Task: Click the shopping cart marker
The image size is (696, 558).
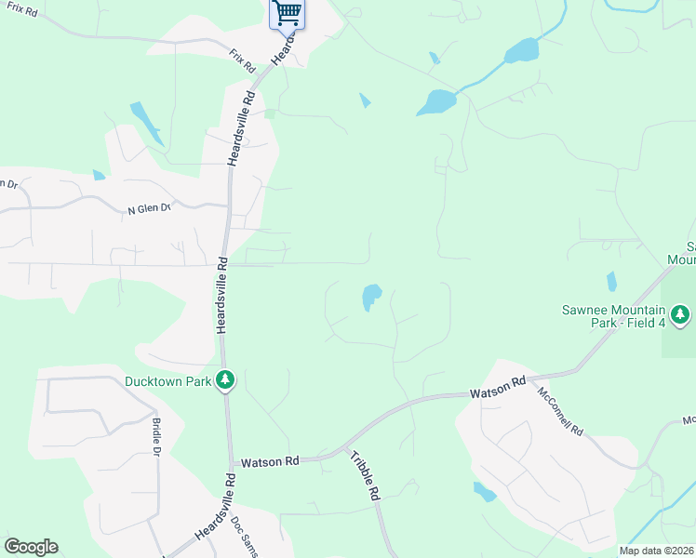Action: pos(288,13)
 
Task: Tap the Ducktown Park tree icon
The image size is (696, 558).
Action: pos(224,379)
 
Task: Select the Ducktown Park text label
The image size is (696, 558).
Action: pos(168,380)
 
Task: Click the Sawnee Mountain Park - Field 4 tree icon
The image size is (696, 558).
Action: pos(681,315)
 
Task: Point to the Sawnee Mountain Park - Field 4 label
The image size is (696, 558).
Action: pos(613,316)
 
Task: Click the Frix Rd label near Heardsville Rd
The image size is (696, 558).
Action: pos(243,62)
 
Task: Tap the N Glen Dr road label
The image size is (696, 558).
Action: pos(150,209)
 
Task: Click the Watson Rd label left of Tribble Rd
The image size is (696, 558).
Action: pos(269,461)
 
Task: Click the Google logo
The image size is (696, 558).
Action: pos(31,547)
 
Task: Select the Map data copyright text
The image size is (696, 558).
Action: pos(657,551)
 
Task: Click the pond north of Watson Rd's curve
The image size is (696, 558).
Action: pos(371,297)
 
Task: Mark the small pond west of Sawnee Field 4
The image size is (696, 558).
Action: pos(611,281)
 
